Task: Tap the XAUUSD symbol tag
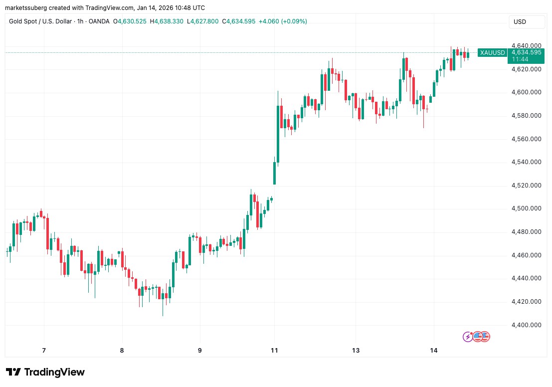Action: [492, 52]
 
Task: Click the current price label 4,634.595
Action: [525, 52]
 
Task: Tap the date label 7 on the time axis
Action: [44, 350]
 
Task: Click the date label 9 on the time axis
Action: [199, 350]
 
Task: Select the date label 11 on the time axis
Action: [274, 350]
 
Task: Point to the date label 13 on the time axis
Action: [356, 350]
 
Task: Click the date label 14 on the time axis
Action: [433, 350]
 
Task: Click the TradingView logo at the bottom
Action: [45, 372]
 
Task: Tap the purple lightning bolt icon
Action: [468, 337]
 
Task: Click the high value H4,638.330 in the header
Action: [169, 21]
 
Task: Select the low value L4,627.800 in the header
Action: [204, 21]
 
